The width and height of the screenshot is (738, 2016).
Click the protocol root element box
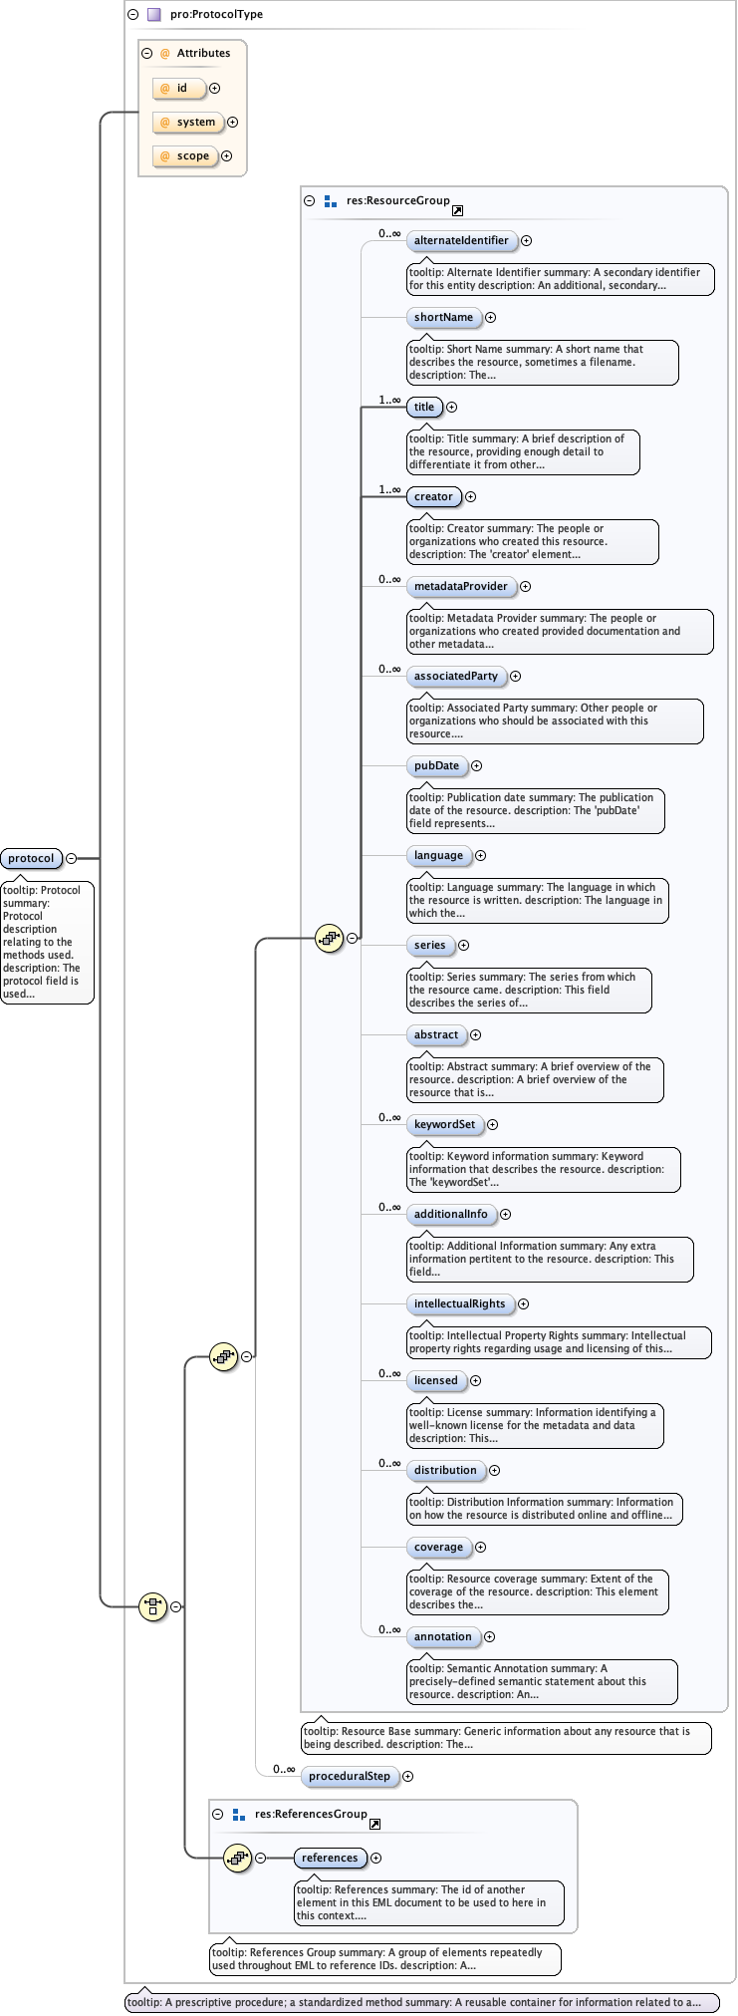pos(31,858)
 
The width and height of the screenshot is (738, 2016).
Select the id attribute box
pos(179,89)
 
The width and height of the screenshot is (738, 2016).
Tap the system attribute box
pos(188,123)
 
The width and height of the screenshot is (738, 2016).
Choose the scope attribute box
pos(185,156)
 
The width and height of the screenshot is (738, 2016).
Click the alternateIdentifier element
pos(460,240)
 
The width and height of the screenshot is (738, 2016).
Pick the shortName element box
pos(443,317)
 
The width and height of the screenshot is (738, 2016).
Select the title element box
pos(424,407)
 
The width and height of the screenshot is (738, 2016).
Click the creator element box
pos(433,496)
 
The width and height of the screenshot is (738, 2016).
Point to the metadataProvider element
pos(460,586)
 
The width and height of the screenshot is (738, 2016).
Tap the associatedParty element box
pos(455,676)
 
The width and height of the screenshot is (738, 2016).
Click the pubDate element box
pos(436,765)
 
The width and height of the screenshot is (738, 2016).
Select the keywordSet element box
pos(444,1124)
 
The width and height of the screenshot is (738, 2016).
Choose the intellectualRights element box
pos(459,1303)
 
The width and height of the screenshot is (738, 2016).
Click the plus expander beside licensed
pos(475,1380)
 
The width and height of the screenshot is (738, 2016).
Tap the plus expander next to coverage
pos(480,1547)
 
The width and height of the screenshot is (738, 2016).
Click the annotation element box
pos(442,1636)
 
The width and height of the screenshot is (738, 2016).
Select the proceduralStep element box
pos(349,1776)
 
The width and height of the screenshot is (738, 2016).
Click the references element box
pos(330,1858)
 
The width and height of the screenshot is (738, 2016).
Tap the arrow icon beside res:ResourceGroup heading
pos(457,210)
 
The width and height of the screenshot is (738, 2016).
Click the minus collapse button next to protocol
pos(71,858)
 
